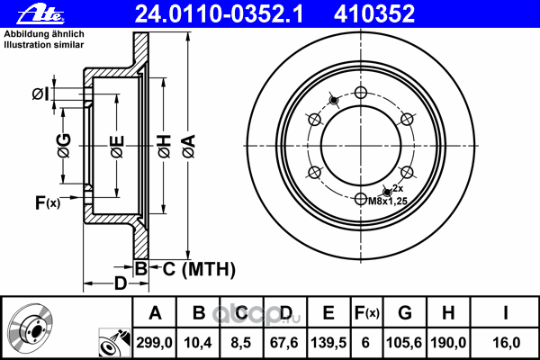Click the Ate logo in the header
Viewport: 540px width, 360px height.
click(x=24, y=13)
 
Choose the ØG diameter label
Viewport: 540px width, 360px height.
click(x=64, y=144)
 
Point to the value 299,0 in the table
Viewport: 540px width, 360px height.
click(x=155, y=342)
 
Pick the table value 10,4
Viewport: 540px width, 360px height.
click(x=198, y=342)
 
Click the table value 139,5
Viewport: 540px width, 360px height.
click(x=328, y=342)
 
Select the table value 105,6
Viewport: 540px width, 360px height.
click(x=405, y=342)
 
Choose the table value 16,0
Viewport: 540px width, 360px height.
click(x=506, y=342)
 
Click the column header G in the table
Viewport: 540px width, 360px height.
click(x=405, y=313)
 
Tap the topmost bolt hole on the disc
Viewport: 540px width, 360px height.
click(x=361, y=93)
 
